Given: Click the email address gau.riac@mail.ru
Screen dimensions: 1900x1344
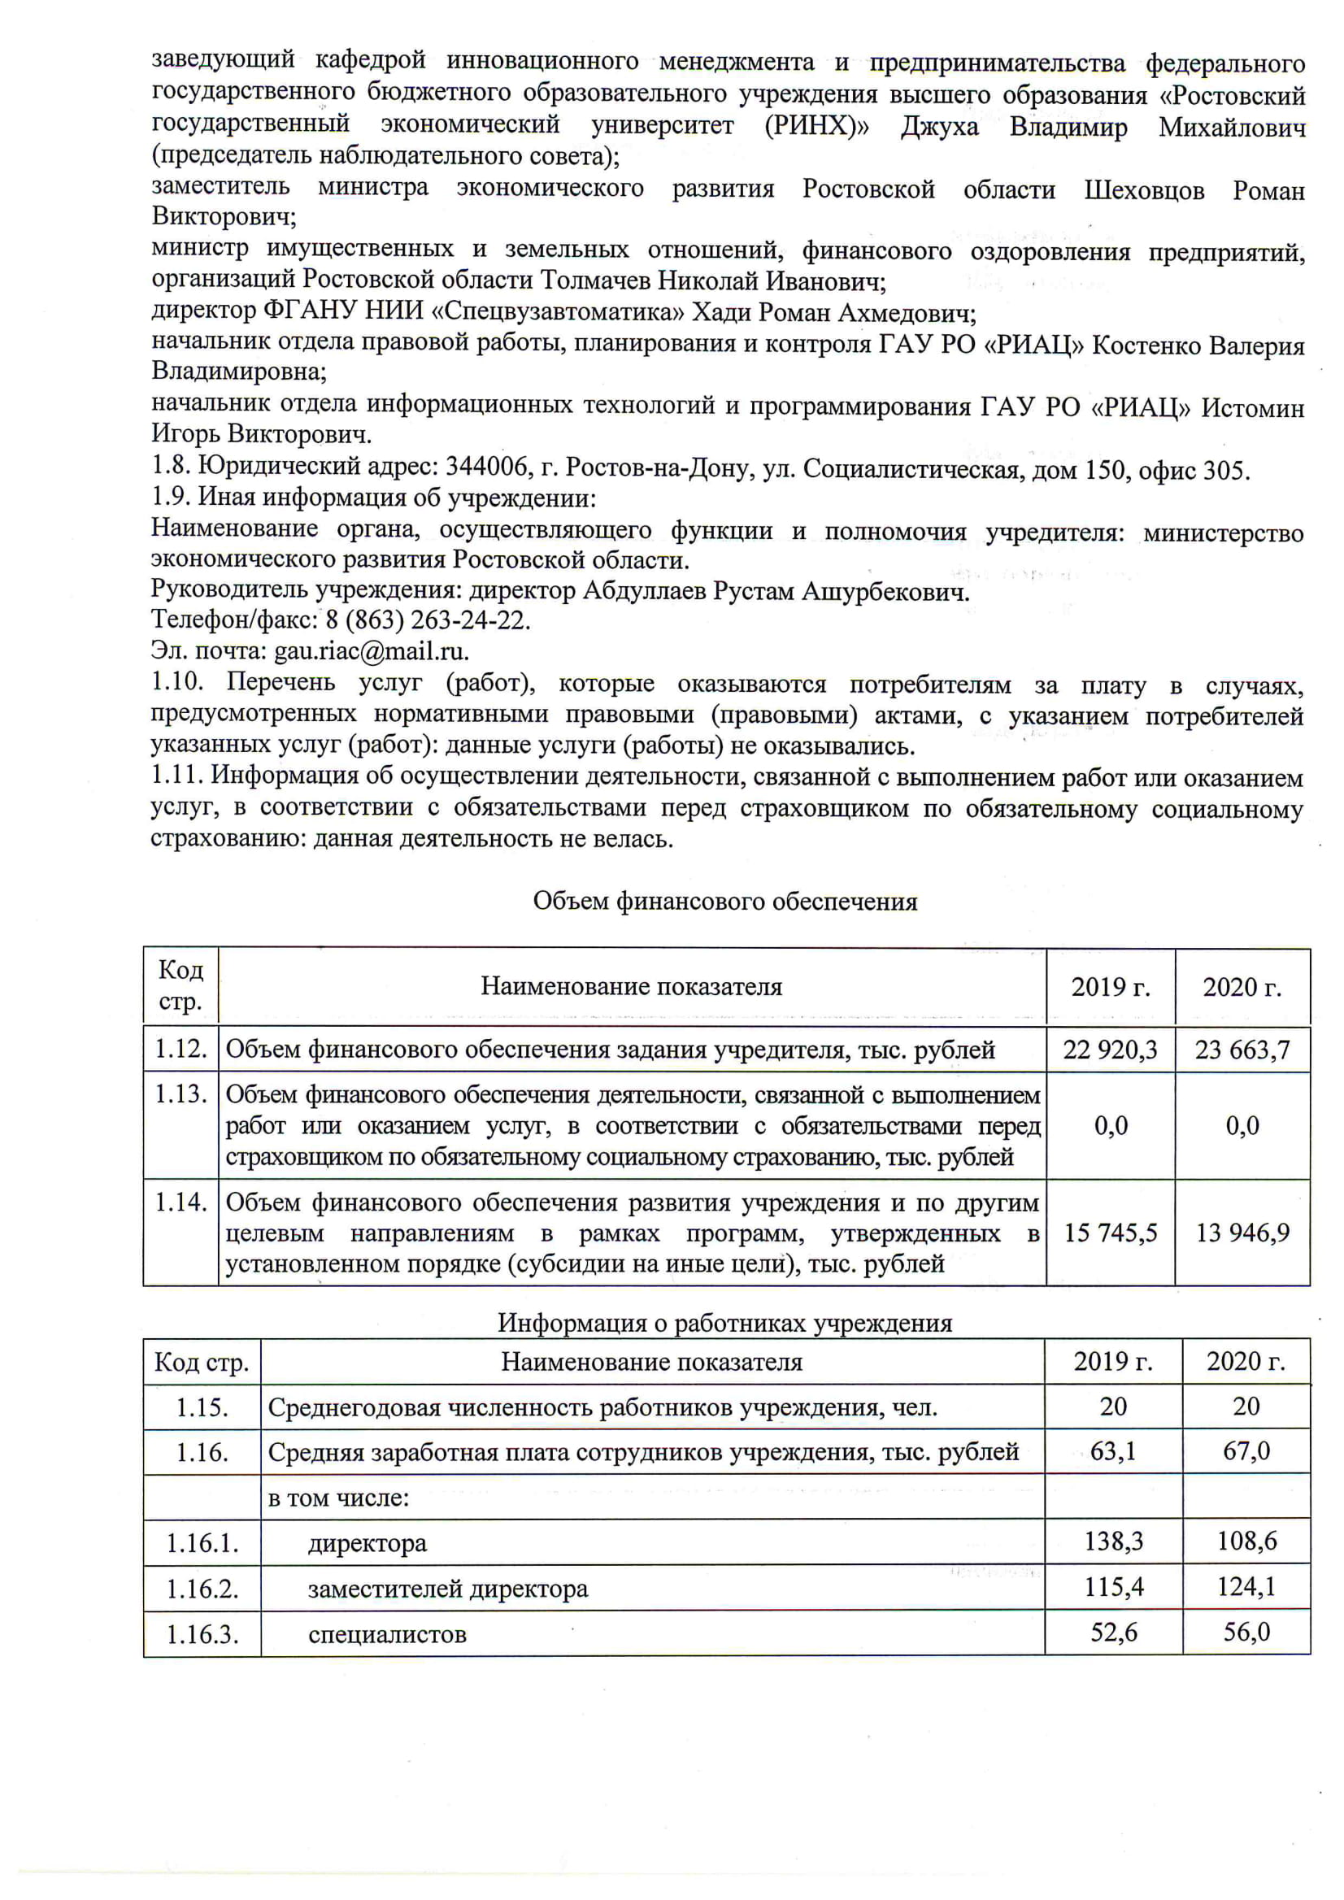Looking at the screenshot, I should [x=371, y=651].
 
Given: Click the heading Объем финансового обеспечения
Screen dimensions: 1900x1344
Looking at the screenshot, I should [x=725, y=901].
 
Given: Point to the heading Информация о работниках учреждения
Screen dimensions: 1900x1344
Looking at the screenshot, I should [x=725, y=1323].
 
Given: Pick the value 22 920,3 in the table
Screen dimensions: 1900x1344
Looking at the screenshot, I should [x=1110, y=1050].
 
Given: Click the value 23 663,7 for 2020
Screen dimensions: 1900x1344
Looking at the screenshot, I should [x=1242, y=1050].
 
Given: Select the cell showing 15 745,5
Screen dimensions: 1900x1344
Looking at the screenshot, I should [x=1110, y=1233].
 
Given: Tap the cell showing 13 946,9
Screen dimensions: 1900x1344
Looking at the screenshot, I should [x=1242, y=1233].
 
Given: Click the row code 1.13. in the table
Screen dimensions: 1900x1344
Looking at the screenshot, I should [x=181, y=1094].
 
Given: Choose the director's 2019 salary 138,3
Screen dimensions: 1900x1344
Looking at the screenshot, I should [x=1113, y=1541].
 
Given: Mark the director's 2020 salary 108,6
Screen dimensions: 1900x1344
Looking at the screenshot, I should [x=1246, y=1541].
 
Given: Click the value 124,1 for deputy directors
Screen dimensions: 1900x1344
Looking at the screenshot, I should [x=1246, y=1586].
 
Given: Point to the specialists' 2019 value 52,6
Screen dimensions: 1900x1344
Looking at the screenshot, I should [x=1113, y=1632].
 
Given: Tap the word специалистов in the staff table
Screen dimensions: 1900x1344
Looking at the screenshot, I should [x=387, y=1633].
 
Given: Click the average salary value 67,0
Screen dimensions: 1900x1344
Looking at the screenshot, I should [x=1246, y=1450].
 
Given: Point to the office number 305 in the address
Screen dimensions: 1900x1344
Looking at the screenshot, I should [x=1224, y=469].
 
